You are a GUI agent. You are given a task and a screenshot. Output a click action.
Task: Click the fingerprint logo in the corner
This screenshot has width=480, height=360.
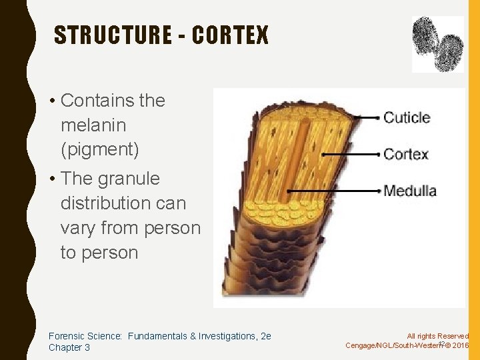tap(437, 44)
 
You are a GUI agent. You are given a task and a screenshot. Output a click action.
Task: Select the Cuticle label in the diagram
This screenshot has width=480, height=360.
tap(407, 118)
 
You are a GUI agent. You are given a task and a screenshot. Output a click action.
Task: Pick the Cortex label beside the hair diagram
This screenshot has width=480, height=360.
tap(406, 155)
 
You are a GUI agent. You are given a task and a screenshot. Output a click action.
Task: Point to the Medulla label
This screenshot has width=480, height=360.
tap(410, 191)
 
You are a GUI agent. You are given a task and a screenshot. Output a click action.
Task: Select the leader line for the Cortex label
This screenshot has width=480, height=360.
tap(350, 155)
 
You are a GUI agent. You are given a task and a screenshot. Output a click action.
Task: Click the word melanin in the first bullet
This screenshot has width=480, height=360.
tap(93, 125)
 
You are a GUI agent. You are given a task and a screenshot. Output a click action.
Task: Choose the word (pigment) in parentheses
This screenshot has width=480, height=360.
tap(100, 150)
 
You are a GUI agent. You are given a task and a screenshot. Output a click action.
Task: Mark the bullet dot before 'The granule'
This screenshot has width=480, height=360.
tap(51, 179)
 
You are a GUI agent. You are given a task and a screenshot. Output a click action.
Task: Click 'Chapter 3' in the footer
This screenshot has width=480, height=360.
tap(69, 348)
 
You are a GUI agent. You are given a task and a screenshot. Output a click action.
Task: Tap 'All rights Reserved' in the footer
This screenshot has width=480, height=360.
tap(438, 337)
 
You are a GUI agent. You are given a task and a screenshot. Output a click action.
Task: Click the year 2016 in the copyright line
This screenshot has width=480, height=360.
tap(460, 345)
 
